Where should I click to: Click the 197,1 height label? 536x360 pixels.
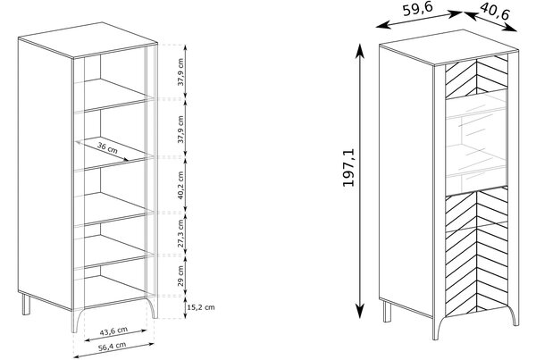[349, 168]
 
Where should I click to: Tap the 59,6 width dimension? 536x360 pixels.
[418, 9]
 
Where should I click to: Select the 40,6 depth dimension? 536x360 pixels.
[495, 12]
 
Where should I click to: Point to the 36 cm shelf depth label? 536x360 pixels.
[107, 147]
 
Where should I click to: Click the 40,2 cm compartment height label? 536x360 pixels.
[180, 185]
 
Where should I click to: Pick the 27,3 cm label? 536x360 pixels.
[180, 233]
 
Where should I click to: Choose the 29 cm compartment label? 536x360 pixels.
[180, 275]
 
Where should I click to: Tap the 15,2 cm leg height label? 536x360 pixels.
[201, 307]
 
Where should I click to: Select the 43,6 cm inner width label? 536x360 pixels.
[113, 331]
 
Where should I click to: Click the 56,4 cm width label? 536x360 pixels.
[113, 347]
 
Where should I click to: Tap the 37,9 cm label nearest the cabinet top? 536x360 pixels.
[180, 72]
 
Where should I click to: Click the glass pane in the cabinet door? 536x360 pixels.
[476, 143]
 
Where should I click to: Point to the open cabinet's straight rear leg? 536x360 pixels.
[26, 304]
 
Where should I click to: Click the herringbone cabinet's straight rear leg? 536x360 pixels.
[387, 311]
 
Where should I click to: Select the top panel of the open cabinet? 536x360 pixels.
[88, 40]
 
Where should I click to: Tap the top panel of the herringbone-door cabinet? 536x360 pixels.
[448, 47]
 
